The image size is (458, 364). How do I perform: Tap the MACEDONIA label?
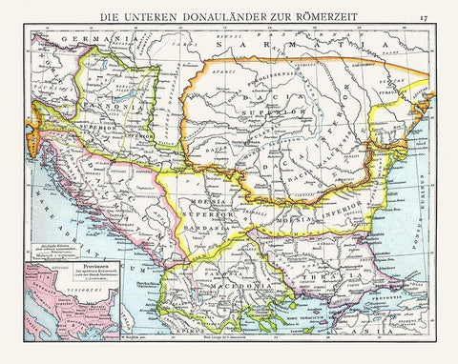pos(229,283)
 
